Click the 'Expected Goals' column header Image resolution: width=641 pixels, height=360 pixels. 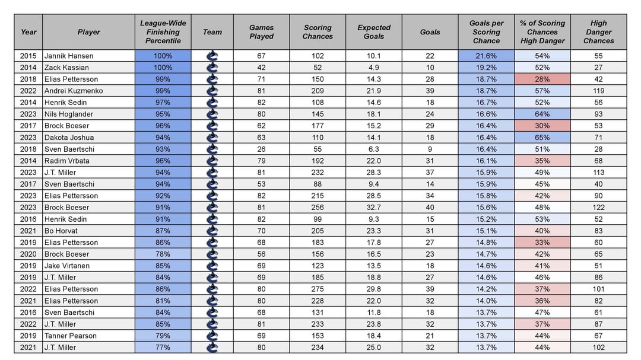tap(374, 32)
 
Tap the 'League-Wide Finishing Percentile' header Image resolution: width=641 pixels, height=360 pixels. tap(163, 32)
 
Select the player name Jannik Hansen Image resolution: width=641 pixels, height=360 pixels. tap(69, 56)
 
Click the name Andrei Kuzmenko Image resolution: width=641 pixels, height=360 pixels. tap(73, 91)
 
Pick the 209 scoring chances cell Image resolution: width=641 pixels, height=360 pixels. tap(318, 91)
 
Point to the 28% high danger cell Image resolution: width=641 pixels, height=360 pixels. tap(542, 79)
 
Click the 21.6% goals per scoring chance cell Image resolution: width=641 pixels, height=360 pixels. tap(486, 56)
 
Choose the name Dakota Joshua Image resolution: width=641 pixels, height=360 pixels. tap(69, 138)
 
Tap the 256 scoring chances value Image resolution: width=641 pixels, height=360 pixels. tap(318, 208)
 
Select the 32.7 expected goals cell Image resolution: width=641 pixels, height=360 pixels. tap(374, 208)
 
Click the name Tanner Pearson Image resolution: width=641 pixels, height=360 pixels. tap(70, 336)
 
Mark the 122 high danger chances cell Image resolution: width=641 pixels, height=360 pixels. tap(598, 208)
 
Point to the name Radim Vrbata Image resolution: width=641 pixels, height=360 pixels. tap(67, 161)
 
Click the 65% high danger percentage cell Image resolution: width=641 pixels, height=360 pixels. tap(542, 138)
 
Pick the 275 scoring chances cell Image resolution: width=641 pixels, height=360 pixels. tap(318, 289)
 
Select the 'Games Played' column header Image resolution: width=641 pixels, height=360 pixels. tap(261, 32)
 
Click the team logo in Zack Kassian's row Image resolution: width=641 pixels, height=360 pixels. tap(212, 68)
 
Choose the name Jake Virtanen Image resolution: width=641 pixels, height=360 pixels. tap(68, 266)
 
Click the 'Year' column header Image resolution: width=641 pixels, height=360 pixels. tap(28, 32)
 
